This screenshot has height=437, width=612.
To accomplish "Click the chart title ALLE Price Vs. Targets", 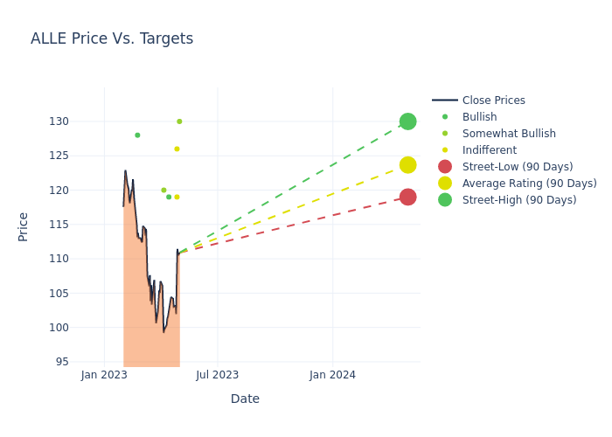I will [x=112, y=38].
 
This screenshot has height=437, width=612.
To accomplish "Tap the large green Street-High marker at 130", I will [x=407, y=121].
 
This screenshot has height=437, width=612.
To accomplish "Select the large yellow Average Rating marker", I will [x=407, y=164].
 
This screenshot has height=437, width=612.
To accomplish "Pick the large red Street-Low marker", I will [x=407, y=197].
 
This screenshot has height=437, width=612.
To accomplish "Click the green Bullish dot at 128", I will [x=137, y=135].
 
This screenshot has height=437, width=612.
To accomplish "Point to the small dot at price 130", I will [x=179, y=121].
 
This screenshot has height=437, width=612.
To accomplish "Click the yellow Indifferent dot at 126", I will [x=177, y=149].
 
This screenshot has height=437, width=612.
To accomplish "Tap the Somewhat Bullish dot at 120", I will [x=163, y=190].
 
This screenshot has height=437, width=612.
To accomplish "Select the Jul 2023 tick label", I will [x=218, y=375].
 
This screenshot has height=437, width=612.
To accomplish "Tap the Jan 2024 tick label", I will [x=332, y=375].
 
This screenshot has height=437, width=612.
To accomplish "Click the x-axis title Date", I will [x=245, y=399].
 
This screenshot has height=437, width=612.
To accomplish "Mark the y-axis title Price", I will [x=24, y=226].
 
